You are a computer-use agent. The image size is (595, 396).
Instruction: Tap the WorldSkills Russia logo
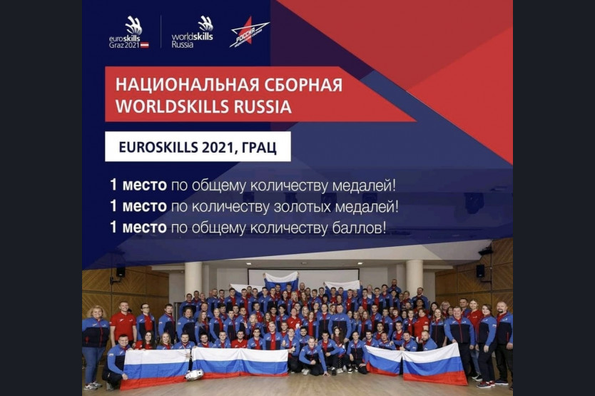[x=193, y=32]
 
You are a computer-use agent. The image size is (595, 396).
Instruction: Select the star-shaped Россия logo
[x=249, y=32]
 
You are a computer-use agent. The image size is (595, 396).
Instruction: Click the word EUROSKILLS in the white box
[x=158, y=147]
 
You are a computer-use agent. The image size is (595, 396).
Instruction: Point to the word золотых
[x=300, y=207]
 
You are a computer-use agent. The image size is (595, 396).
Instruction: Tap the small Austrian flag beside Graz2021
[x=145, y=45]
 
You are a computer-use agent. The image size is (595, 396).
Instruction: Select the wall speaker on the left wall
[x=121, y=272]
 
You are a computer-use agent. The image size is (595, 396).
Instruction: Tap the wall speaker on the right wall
[x=480, y=270]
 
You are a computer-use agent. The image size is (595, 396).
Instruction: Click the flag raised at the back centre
[x=281, y=280]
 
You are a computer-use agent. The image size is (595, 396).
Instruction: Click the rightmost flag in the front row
[x=434, y=364]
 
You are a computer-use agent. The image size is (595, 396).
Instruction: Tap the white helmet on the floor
[x=194, y=375]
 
